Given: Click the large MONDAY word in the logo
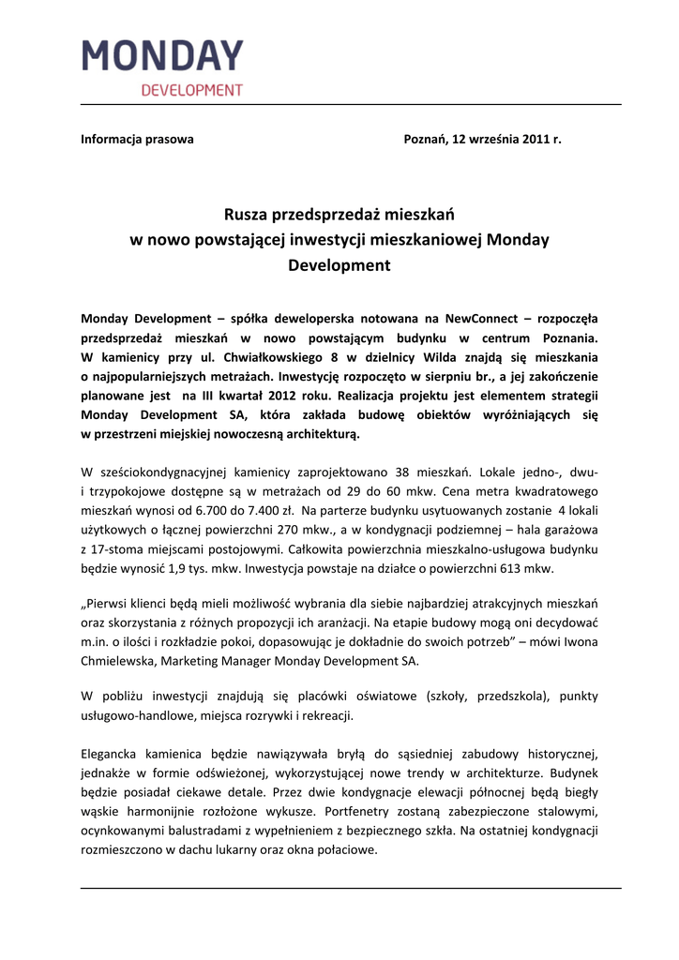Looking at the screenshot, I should (162, 56).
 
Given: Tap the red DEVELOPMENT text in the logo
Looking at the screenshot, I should (191, 91).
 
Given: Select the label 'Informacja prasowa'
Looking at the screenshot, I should (137, 139).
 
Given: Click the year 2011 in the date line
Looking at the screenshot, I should (534, 139).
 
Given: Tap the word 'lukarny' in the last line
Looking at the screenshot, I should (238, 850).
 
